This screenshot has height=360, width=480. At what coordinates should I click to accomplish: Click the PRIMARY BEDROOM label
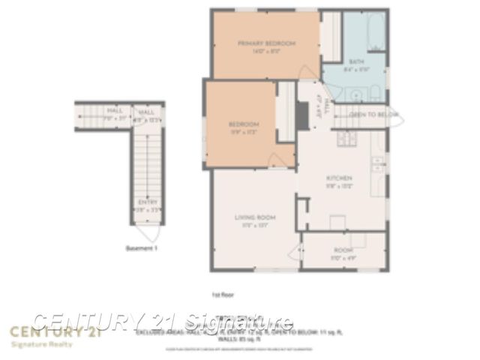267,43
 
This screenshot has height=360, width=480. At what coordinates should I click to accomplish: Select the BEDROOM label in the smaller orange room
244,124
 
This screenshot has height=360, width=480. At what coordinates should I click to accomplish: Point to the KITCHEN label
338,178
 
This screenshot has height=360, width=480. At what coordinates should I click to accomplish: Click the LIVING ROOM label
255,217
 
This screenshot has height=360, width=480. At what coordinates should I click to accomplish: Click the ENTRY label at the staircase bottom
147,202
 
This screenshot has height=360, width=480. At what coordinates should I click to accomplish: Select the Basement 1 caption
142,247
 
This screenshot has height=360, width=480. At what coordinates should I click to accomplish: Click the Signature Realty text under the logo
41,345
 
